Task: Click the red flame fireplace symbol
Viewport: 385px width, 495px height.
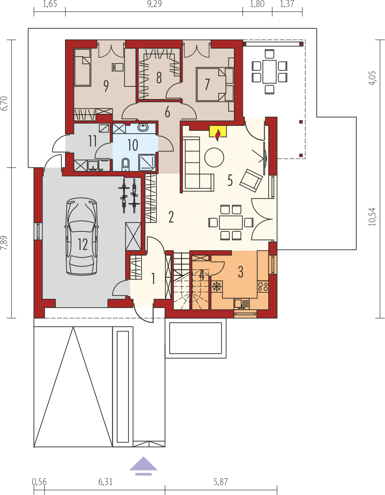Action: (218, 135)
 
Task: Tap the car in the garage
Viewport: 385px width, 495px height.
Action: (82, 237)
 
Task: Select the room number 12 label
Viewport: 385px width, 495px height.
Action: (83, 244)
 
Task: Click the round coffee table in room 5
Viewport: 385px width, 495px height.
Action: (214, 157)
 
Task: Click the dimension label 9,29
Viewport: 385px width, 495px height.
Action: (154, 4)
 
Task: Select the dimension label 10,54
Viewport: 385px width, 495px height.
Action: (372, 217)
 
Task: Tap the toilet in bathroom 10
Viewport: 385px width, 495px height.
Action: (125, 164)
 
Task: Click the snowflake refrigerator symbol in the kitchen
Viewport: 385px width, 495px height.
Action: (217, 286)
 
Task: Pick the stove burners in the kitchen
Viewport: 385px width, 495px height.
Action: (263, 287)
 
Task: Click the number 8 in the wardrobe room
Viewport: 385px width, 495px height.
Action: (159, 78)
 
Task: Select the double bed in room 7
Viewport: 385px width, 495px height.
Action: (215, 84)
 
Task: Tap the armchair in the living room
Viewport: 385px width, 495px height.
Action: (251, 180)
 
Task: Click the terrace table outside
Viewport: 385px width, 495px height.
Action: (269, 71)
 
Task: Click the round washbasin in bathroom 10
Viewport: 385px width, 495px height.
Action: (143, 127)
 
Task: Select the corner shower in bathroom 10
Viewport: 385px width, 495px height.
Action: (147, 163)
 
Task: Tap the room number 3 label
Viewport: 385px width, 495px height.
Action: (240, 272)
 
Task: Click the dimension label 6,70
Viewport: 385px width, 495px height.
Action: (4, 104)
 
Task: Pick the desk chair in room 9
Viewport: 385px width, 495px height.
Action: (118, 67)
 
